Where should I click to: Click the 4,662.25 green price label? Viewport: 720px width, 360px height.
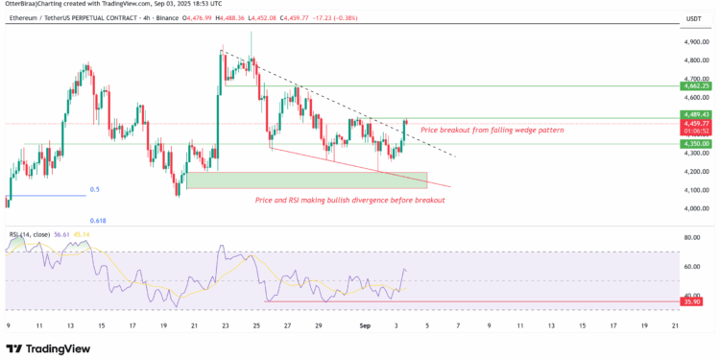coord(697,86)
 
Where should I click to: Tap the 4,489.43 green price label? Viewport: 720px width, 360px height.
coord(697,114)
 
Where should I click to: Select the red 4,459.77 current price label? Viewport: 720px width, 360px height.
coord(697,123)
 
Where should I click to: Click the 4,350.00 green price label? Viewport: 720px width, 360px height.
coord(697,144)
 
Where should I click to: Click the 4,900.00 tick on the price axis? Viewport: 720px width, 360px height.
coord(696,43)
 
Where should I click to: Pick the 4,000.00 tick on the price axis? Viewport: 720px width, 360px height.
coord(696,207)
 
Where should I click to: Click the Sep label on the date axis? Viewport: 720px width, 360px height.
coord(364,326)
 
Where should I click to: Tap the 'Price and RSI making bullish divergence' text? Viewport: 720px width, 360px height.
coord(349,200)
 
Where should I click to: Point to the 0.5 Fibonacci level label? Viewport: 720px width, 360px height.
coord(94,189)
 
